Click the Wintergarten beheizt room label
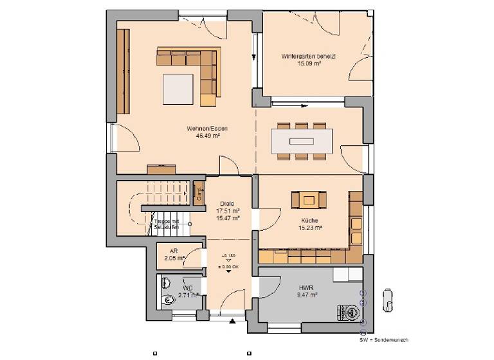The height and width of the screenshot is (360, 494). (309, 57)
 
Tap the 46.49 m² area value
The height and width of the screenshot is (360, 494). (207, 136)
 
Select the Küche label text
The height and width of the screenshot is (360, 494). (309, 220)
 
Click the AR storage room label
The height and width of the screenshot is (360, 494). (173, 251)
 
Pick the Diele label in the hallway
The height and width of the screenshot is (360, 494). (226, 204)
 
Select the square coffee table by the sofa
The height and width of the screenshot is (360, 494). (178, 88)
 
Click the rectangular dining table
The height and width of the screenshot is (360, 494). (302, 139)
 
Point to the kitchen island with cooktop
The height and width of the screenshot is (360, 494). (309, 200)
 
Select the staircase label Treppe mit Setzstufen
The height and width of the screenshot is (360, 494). (167, 224)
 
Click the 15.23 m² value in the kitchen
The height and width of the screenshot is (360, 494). (309, 227)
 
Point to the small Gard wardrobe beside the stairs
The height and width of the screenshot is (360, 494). (199, 191)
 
